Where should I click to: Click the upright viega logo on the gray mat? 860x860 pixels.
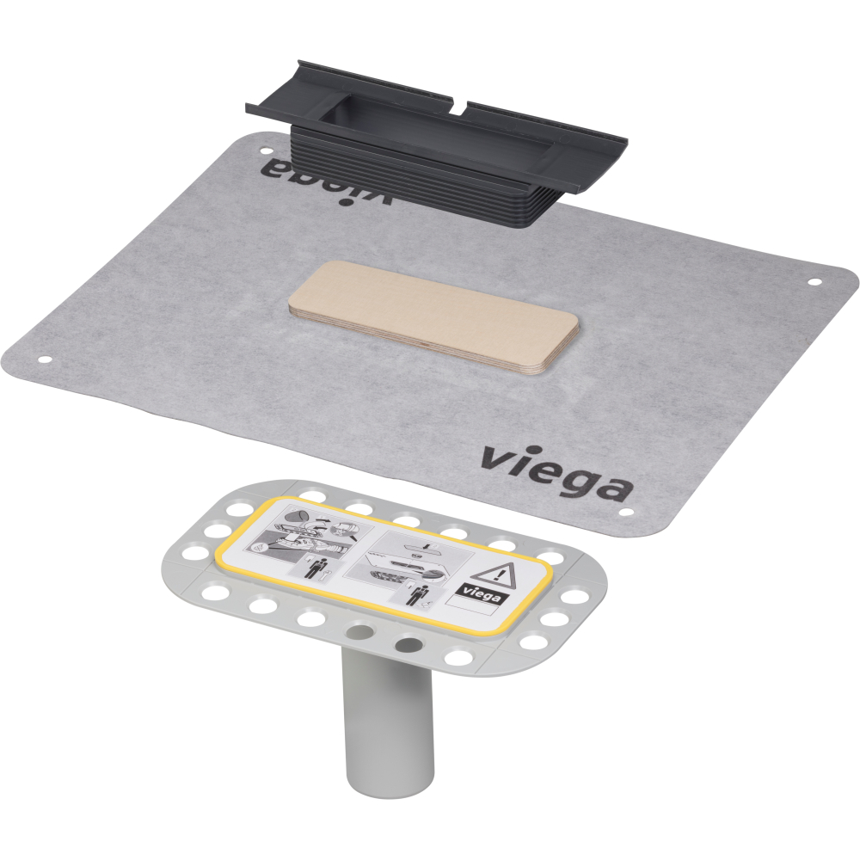coord(556,472)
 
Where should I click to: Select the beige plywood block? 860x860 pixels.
coord(434,316)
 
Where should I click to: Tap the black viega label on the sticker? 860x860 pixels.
coord(479,593)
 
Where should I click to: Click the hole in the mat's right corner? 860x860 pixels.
coord(814,282)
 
